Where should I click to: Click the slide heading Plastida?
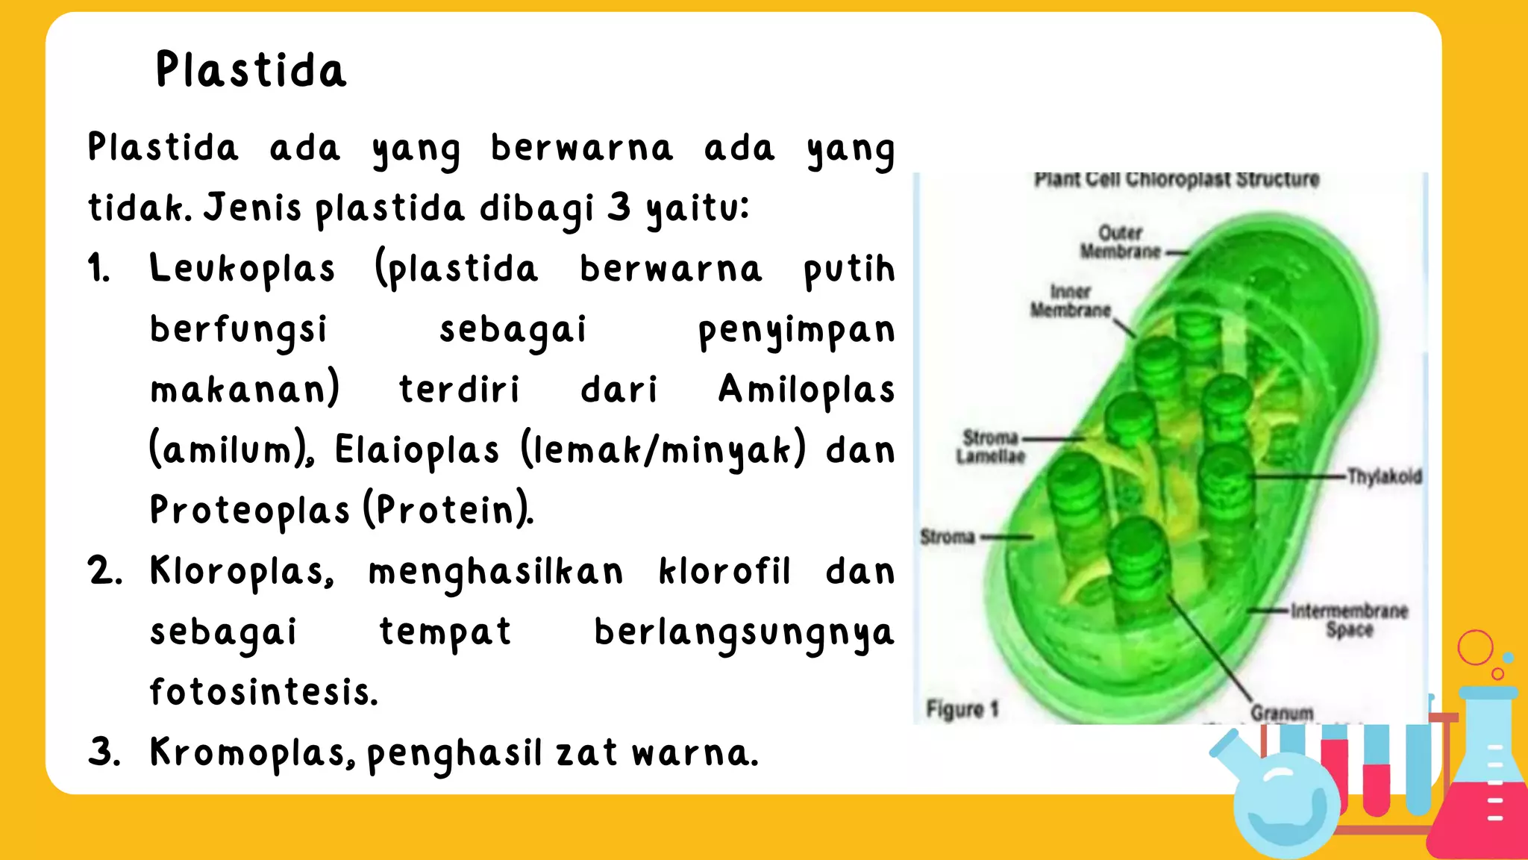[251, 70]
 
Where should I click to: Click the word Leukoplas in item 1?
[242, 269]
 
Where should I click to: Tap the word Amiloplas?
[806, 390]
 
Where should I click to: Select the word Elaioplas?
[416, 451]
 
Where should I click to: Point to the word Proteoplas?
[249, 511]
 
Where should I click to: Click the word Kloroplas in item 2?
[240, 572]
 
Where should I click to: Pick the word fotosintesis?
[263, 692]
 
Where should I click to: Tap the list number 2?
[104, 572]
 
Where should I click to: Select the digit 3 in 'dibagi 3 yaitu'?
[619, 208]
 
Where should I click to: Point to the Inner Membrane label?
[1071, 301]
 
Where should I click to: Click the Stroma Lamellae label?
[991, 446]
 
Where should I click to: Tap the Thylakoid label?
[1384, 476]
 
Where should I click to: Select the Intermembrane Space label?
[1349, 620]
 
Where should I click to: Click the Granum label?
[1282, 713]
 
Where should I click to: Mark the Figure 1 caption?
[962, 708]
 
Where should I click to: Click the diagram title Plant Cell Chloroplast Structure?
[1177, 180]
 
